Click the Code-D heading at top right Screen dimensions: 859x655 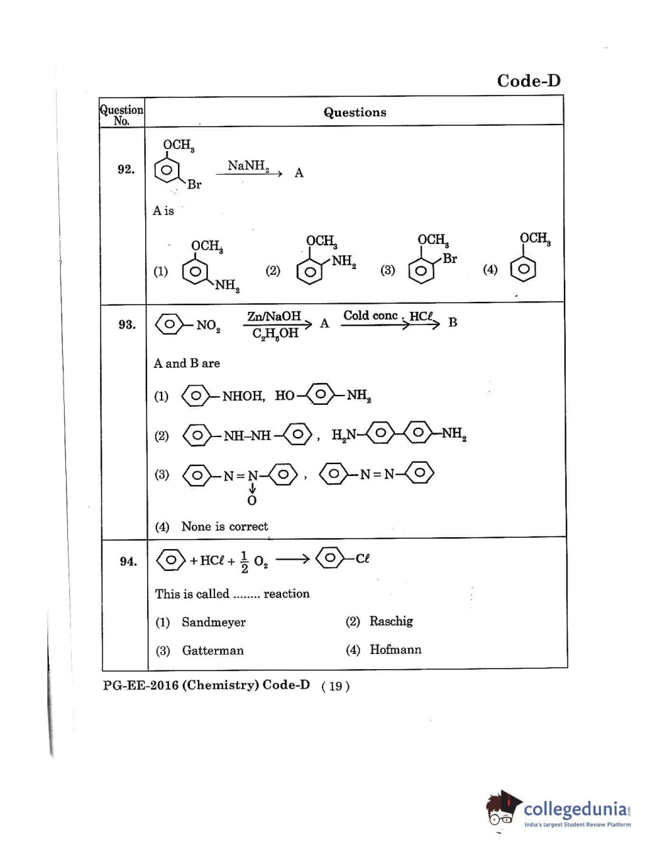pyautogui.click(x=528, y=80)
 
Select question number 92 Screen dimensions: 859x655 pyautogui.click(x=126, y=169)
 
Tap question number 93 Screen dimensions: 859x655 pyautogui.click(x=127, y=324)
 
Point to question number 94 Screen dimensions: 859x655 pyautogui.click(x=128, y=561)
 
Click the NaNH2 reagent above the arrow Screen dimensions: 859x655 pyautogui.click(x=248, y=165)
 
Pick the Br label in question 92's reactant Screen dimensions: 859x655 pyautogui.click(x=194, y=185)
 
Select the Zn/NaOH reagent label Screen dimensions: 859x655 pyautogui.click(x=274, y=316)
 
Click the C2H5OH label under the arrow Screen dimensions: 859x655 pyautogui.click(x=275, y=334)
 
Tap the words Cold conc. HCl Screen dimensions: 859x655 pyautogui.click(x=388, y=316)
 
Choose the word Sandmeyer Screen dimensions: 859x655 pyautogui.click(x=214, y=622)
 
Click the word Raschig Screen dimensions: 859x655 pyautogui.click(x=391, y=621)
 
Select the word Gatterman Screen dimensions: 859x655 pyautogui.click(x=213, y=651)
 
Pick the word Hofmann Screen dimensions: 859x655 pyautogui.click(x=395, y=649)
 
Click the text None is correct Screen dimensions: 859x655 pyautogui.click(x=225, y=526)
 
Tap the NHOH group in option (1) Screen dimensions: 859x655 pyautogui.click(x=242, y=396)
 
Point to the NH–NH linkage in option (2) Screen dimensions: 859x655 pyautogui.click(x=247, y=436)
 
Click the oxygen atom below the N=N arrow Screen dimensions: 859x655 pyautogui.click(x=251, y=500)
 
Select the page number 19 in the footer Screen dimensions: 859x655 pyautogui.click(x=336, y=686)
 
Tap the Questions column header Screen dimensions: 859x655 pyautogui.click(x=355, y=112)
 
